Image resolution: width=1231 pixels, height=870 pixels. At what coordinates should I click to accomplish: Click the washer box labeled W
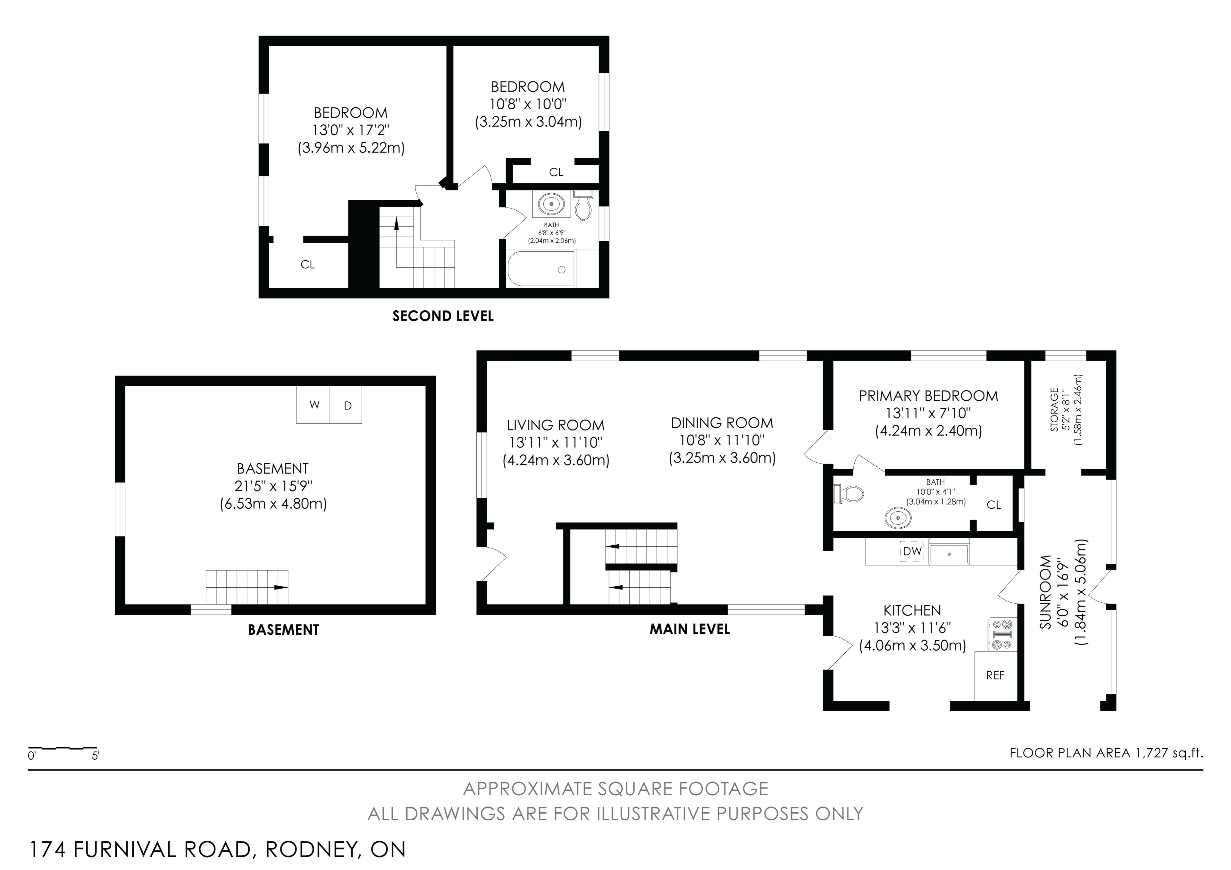pyautogui.click(x=313, y=405)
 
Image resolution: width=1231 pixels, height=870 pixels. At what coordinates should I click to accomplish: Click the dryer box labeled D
pyautogui.click(x=346, y=405)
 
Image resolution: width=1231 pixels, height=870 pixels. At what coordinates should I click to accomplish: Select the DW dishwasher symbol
pyautogui.click(x=911, y=551)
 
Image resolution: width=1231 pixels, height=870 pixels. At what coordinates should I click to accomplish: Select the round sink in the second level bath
pyautogui.click(x=551, y=204)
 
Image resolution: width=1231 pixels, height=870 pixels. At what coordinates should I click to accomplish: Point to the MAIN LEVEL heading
pyautogui.click(x=690, y=629)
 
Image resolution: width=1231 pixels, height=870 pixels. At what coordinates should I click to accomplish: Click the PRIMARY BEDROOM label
pyautogui.click(x=928, y=396)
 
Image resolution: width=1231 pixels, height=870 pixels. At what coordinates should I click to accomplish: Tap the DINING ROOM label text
pyautogui.click(x=722, y=423)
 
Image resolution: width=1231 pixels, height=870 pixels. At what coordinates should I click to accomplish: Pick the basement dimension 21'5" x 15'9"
pyautogui.click(x=273, y=486)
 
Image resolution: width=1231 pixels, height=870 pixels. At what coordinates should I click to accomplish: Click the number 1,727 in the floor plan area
pyautogui.click(x=1151, y=753)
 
